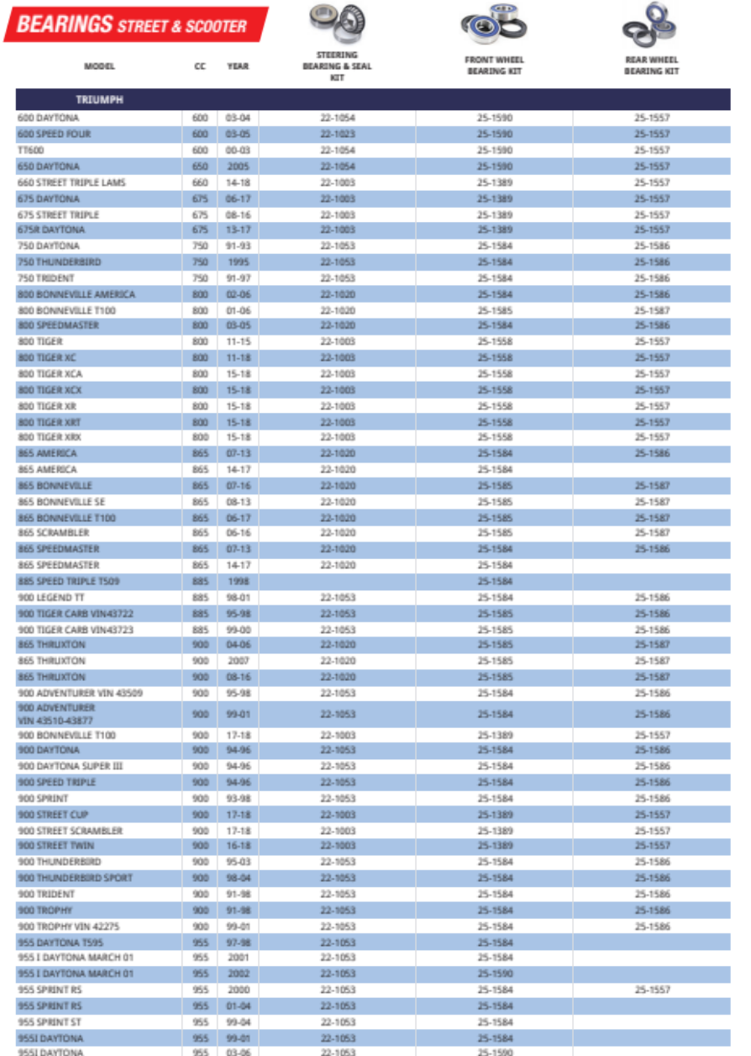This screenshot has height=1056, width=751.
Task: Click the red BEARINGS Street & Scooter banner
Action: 134,24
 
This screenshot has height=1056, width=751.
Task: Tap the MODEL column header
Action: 99,66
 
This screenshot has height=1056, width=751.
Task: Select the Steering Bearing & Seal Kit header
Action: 337,66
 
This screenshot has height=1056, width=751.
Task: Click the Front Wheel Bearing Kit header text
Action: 494,66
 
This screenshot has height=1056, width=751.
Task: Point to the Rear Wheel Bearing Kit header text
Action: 651,66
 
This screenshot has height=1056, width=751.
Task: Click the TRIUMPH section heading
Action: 100,100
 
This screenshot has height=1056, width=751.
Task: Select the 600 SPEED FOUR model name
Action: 55,134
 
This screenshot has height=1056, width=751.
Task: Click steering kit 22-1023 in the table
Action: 337,134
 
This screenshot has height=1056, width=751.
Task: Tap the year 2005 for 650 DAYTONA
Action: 238,166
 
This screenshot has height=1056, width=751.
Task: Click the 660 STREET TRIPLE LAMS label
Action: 71,182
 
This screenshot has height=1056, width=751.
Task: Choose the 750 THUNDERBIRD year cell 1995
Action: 238,262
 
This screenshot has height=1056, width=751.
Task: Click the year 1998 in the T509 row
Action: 238,582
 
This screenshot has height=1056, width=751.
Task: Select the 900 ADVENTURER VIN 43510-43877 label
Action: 56,714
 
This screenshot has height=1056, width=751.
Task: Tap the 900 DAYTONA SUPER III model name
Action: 71,766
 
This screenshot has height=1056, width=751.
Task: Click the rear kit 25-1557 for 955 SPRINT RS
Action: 652,990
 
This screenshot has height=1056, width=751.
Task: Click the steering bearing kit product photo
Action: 337,24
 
